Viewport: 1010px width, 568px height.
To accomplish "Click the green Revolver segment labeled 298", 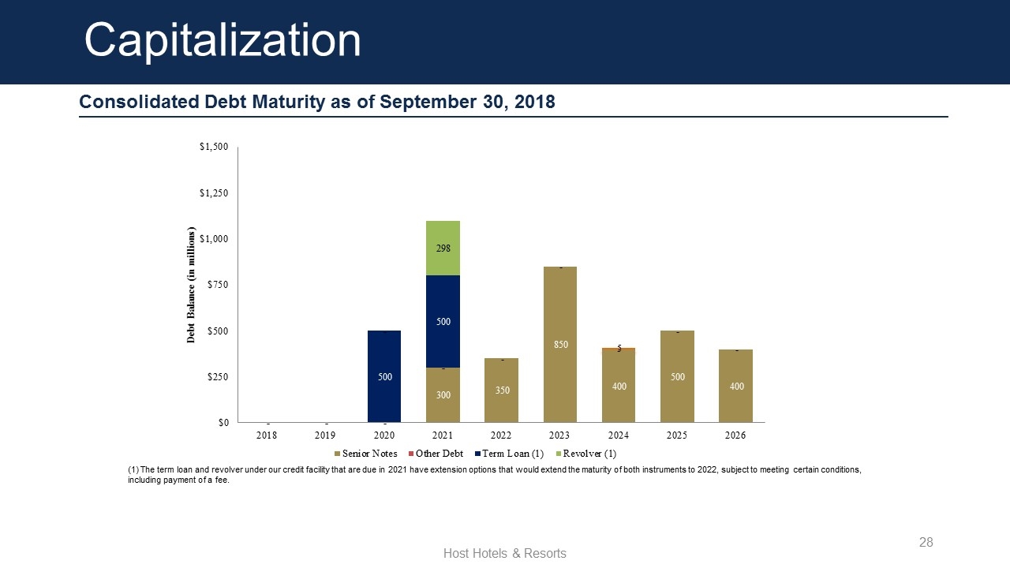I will [443, 248].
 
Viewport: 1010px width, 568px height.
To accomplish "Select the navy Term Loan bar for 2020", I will [384, 376].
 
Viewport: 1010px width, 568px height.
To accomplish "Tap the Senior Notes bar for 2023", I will [560, 345].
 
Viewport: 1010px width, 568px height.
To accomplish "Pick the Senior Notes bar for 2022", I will [501, 390].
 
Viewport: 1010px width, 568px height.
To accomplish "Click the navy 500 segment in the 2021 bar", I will [443, 321].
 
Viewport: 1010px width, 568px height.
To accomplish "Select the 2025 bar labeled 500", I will [677, 376].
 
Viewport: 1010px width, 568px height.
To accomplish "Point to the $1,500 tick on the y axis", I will [213, 148].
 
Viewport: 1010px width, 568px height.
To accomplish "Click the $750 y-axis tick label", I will [217, 285].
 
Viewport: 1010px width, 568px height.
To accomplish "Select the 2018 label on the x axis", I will [267, 435].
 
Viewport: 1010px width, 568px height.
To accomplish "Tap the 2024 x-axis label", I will [619, 435].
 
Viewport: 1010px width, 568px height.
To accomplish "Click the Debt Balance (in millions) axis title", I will [190, 285].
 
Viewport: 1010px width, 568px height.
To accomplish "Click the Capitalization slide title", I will [223, 39].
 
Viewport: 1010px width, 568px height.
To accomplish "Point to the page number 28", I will [926, 542].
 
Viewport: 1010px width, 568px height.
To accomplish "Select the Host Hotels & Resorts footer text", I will [505, 553].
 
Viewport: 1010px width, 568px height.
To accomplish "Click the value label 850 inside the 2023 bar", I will [560, 345].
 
